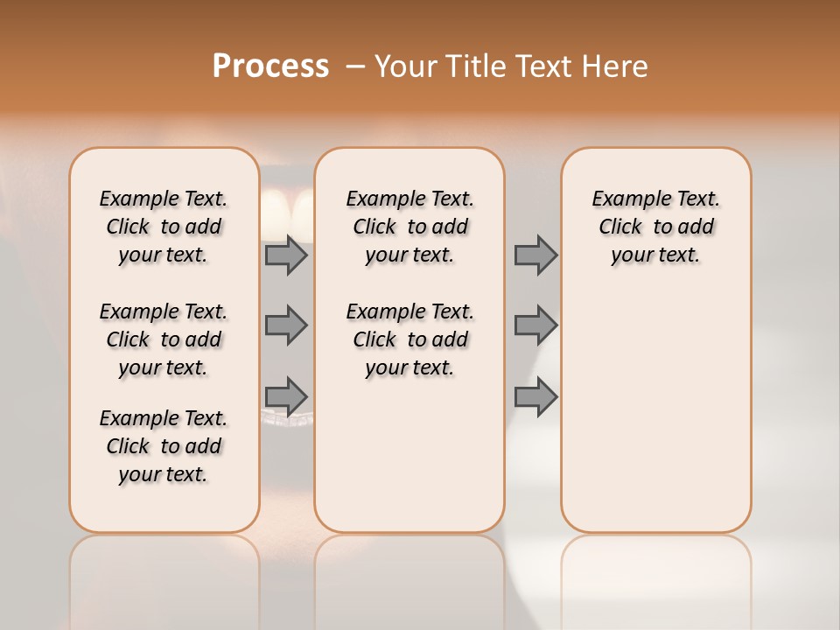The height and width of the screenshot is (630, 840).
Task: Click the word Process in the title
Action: tap(270, 66)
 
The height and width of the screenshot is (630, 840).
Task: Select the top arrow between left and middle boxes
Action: tap(286, 255)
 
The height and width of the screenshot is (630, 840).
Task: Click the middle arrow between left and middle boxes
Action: tap(286, 325)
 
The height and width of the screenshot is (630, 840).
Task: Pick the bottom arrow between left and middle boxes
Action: tap(286, 396)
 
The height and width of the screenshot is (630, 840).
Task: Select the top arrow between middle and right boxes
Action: tap(535, 255)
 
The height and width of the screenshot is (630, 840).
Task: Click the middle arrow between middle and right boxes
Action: tap(535, 325)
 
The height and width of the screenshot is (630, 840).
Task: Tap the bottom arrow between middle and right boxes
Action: tap(535, 396)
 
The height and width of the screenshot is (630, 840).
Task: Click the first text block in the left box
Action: tap(164, 227)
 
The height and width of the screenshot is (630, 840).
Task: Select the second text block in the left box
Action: tap(164, 339)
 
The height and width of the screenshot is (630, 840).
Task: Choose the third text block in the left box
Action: tap(164, 446)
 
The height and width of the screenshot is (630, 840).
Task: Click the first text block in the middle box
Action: tap(409, 227)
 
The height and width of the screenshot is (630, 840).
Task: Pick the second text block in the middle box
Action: tap(409, 339)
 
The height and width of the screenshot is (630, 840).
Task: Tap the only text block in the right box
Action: tap(655, 227)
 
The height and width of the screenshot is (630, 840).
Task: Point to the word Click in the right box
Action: tap(620, 227)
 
